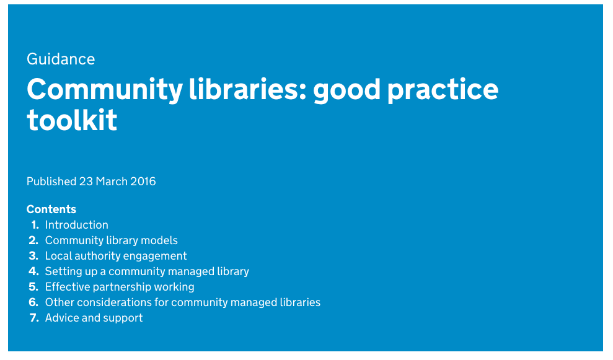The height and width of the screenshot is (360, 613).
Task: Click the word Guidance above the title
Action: point(61,59)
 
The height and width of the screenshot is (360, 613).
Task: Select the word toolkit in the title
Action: point(72,120)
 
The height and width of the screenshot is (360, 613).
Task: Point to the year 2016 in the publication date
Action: point(143,182)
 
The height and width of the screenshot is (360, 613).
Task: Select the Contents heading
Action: point(51,209)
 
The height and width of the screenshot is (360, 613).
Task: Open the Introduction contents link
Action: point(77,225)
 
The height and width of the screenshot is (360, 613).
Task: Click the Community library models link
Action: point(112,240)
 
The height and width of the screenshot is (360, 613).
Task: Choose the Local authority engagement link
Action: point(116,256)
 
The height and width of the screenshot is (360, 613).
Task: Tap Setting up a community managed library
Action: point(147,271)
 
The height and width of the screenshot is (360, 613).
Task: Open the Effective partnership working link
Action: point(120,287)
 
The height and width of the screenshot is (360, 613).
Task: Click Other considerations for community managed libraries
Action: point(183,302)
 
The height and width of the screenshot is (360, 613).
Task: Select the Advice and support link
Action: point(94,318)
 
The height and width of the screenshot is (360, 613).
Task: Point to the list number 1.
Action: point(35,225)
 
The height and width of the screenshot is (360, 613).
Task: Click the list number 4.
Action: point(33,271)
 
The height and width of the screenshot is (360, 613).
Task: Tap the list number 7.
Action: point(33,318)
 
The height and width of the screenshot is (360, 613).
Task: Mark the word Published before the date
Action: point(51,182)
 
